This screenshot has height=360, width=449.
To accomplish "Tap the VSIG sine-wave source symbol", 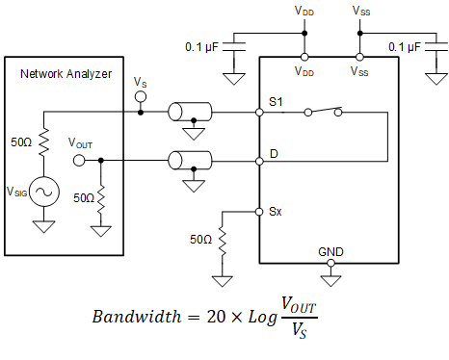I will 43,192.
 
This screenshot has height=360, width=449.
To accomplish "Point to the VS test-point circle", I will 141,97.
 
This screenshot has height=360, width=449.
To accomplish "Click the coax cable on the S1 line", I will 191,113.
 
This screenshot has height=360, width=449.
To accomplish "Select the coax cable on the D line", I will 191,158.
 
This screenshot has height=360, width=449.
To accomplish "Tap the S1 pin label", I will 277,102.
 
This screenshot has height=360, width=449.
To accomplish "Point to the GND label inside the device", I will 330,252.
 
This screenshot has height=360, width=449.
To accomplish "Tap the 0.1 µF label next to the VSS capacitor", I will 404,45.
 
